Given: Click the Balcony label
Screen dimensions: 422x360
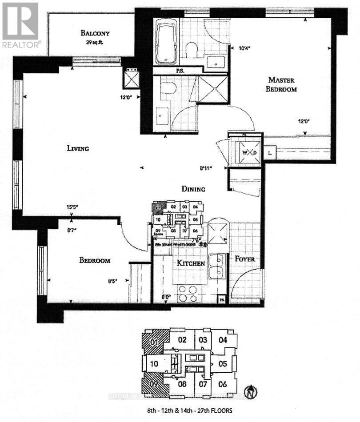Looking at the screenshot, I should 95,33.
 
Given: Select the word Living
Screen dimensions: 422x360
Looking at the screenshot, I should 78,148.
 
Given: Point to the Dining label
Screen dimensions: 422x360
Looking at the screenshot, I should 193,189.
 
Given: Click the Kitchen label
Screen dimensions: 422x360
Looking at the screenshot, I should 191,263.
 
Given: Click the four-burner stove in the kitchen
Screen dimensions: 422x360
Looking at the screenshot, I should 190,293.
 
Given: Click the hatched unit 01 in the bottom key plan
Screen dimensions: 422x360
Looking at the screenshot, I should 155,342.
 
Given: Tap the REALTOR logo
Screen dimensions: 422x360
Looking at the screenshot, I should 21,24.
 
